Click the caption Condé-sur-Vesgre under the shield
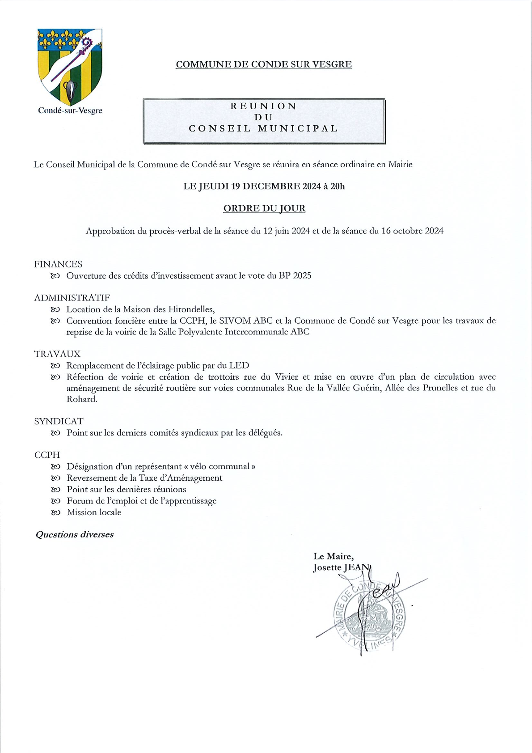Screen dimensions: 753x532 click(70, 110)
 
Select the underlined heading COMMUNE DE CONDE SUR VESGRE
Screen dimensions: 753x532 click(264, 64)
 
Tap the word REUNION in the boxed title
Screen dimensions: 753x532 click(264, 106)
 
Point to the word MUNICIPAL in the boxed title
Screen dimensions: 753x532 click(298, 128)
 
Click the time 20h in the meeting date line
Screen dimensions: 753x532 click(338, 186)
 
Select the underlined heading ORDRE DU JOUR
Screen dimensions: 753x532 click(264, 208)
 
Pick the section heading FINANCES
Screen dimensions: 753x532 click(58, 264)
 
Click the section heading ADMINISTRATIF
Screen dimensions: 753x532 click(72, 298)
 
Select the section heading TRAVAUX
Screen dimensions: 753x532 click(57, 354)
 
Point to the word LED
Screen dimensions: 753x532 click(239, 365)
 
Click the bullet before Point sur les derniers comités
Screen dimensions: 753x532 click(55, 433)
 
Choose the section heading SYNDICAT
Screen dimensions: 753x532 click(59, 421)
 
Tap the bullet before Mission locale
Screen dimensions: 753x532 click(55, 512)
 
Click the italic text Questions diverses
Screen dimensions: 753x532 click(75, 535)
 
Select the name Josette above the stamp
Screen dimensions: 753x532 click(327, 568)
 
